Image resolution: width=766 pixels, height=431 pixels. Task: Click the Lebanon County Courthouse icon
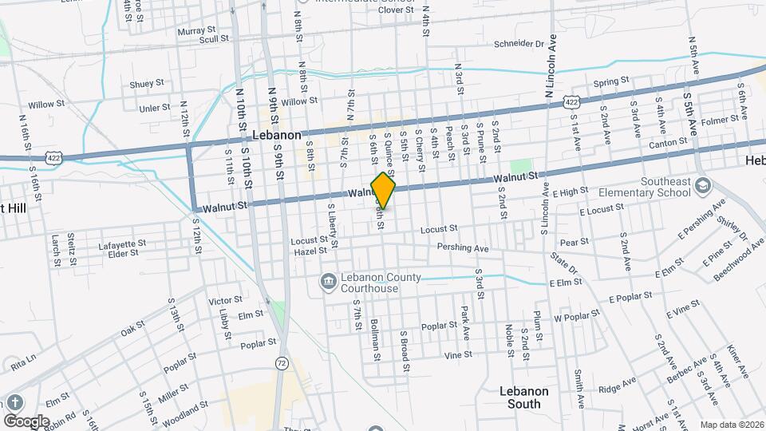(327, 282)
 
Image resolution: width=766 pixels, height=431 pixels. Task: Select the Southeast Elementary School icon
(703, 186)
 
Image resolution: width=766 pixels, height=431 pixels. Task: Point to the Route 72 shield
(281, 363)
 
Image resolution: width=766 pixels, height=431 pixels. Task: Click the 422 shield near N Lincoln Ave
(571, 102)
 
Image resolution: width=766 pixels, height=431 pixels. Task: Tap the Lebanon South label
(525, 397)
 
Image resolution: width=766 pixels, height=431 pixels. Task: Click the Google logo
(26, 421)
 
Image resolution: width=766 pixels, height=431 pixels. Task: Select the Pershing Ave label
(463, 249)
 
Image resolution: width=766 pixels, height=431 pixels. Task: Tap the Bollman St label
(374, 335)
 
